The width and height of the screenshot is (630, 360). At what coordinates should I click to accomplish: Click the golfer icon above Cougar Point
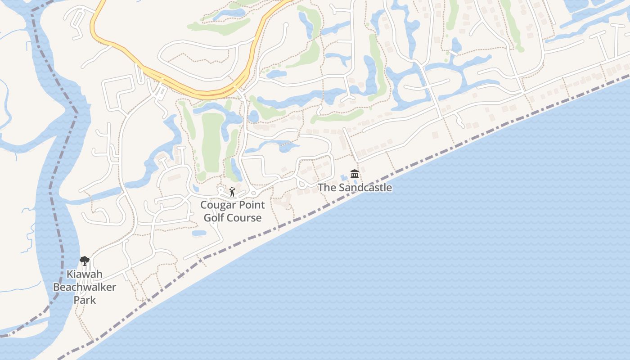232,192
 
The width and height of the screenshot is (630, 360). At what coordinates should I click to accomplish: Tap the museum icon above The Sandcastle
355,174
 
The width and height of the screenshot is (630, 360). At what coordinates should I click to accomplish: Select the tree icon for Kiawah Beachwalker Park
84,261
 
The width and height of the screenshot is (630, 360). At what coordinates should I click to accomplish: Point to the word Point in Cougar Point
250,205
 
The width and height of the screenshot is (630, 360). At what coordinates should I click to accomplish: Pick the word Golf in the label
214,218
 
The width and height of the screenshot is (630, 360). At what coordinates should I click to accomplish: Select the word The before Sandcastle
327,188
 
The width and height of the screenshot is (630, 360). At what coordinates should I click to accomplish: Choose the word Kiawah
85,274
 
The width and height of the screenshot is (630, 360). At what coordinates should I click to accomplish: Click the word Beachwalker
85,287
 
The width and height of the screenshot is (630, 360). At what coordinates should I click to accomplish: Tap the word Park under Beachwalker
85,300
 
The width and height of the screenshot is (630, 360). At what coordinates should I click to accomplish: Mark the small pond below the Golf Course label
199,233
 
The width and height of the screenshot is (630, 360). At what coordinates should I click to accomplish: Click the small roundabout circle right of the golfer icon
253,193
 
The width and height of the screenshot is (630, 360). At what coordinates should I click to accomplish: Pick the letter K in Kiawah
70,274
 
